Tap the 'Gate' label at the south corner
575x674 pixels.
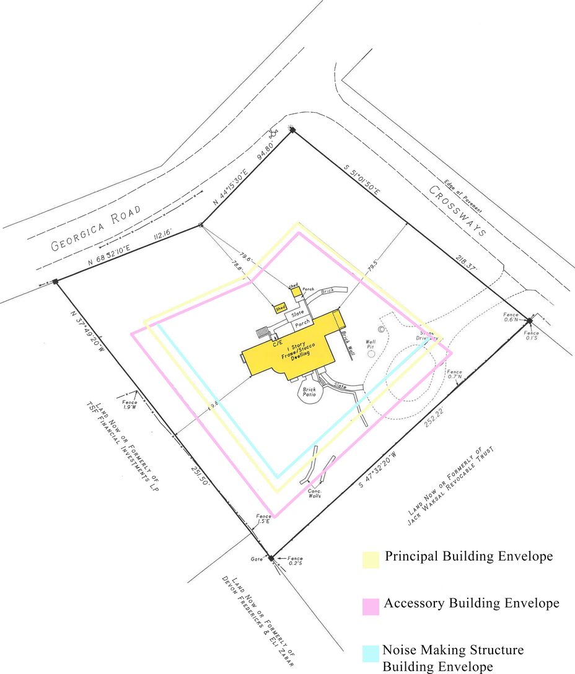(x=257, y=559)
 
